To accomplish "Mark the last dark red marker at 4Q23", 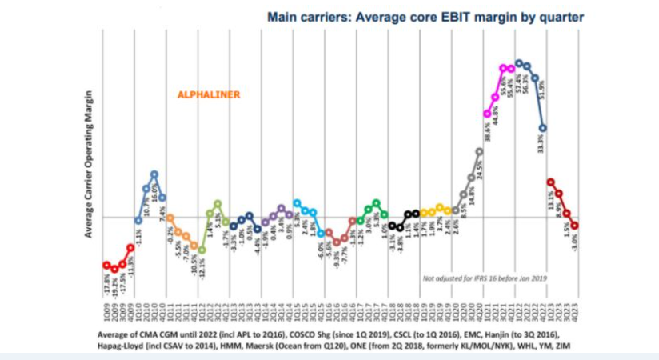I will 574,226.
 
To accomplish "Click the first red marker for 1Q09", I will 106,265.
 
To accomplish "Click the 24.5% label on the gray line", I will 478,173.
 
